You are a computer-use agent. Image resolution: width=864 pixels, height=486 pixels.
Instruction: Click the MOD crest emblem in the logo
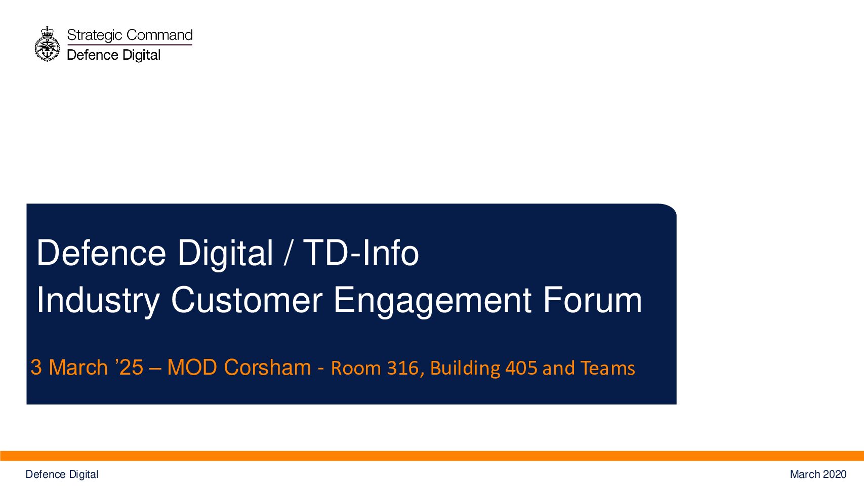tap(48, 44)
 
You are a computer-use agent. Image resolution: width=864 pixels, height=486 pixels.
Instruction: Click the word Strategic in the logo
tap(95, 35)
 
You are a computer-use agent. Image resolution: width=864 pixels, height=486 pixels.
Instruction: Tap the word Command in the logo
tap(159, 35)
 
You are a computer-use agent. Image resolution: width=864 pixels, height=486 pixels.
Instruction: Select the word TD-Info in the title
tap(361, 253)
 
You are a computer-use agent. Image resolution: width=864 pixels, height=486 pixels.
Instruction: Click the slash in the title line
tap(287, 253)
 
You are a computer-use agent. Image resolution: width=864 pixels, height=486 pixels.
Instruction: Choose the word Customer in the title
tap(247, 300)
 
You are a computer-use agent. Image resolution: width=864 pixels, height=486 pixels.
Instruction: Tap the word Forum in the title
tap(593, 300)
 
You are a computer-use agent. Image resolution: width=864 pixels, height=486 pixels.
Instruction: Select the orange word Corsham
tap(267, 367)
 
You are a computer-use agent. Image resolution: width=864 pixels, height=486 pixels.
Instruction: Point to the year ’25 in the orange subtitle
tap(129, 367)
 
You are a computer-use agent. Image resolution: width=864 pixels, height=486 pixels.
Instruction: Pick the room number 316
tap(406, 368)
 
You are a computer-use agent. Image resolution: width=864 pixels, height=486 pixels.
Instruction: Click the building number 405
tap(521, 368)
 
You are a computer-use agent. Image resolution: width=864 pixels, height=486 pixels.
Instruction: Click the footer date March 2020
tap(818, 474)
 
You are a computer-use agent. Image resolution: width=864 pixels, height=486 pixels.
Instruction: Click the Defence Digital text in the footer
tap(62, 474)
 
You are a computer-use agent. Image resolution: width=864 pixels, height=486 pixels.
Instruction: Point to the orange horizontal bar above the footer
tap(432, 456)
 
